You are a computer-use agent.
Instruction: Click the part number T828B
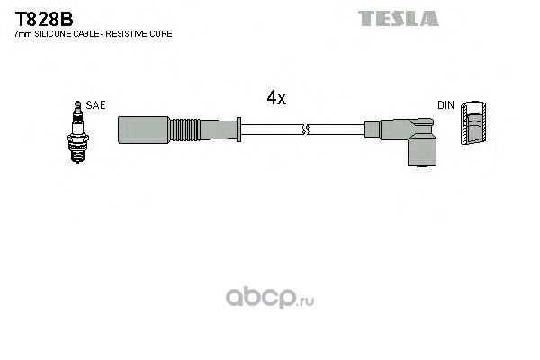44,19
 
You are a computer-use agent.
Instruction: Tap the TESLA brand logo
399,18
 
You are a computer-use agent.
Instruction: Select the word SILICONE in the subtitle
52,34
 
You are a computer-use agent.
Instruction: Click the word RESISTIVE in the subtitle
127,34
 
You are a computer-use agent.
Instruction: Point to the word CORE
161,34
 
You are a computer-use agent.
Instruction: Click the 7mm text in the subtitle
23,34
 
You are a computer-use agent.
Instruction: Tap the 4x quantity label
276,97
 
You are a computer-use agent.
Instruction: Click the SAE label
95,105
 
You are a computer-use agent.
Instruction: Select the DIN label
446,105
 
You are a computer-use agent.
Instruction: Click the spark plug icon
77,132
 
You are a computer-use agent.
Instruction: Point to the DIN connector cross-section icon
473,122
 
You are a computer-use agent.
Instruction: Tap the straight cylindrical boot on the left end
144,130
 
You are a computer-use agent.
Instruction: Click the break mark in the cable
305,130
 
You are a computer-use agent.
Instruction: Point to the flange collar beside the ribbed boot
238,130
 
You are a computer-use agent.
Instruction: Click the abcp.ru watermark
270,297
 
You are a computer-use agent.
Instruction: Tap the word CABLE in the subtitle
85,34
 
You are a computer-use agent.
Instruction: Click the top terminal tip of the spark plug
77,103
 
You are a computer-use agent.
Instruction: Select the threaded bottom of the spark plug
77,153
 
